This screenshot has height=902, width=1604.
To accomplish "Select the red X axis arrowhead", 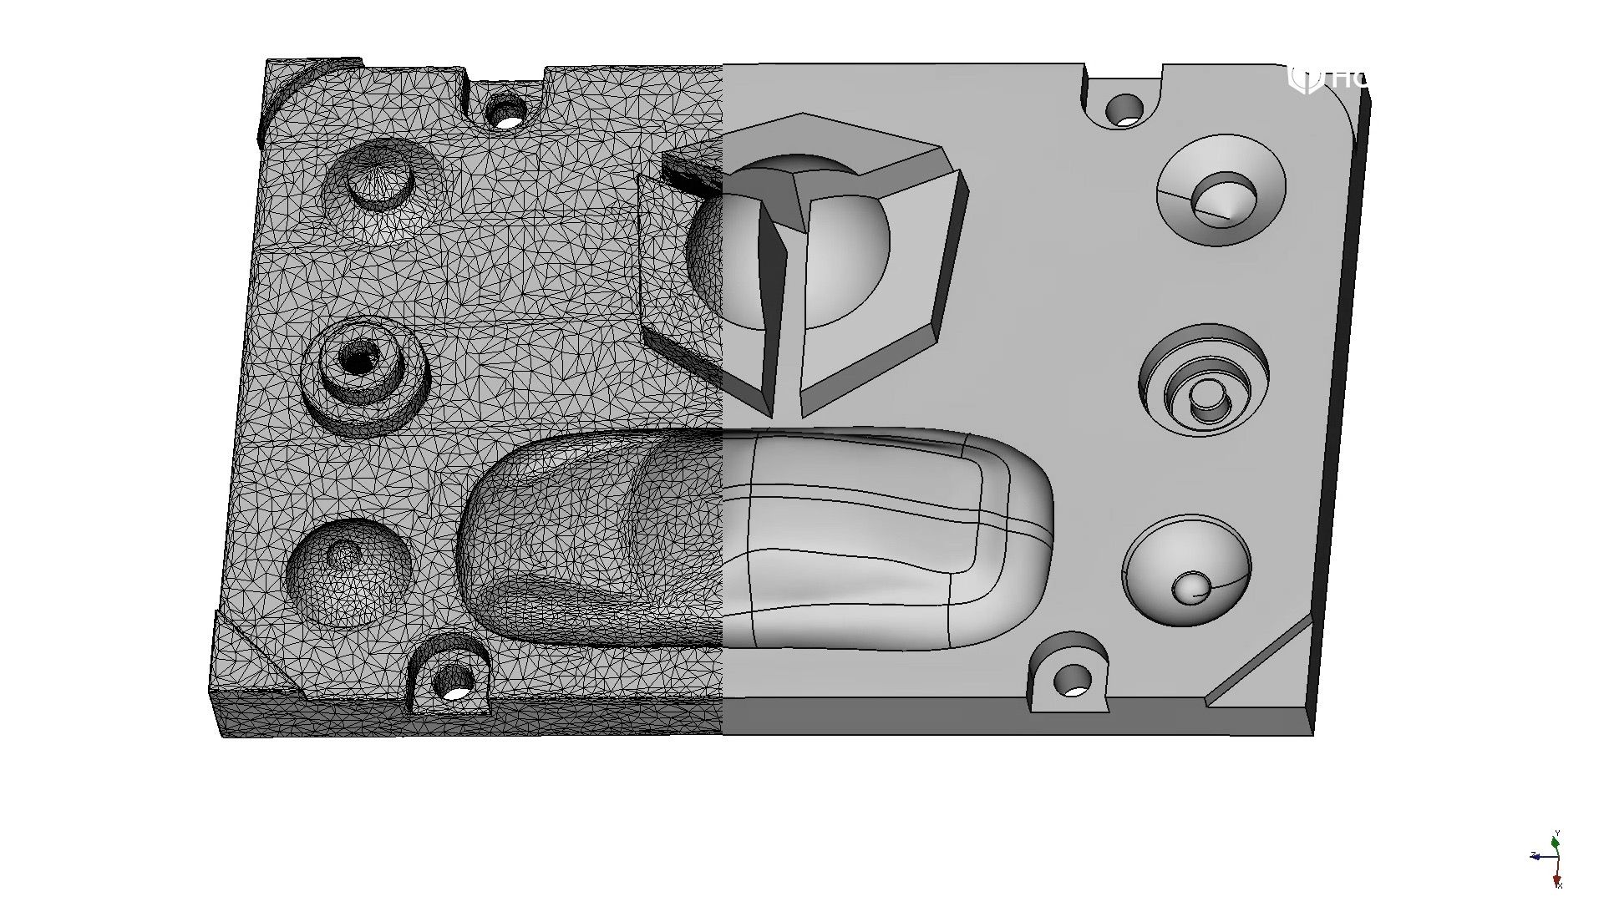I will click(x=1558, y=881).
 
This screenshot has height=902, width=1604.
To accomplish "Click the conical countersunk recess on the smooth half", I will click(x=1221, y=197).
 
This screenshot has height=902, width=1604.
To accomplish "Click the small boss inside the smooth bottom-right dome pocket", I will click(x=1190, y=588).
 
